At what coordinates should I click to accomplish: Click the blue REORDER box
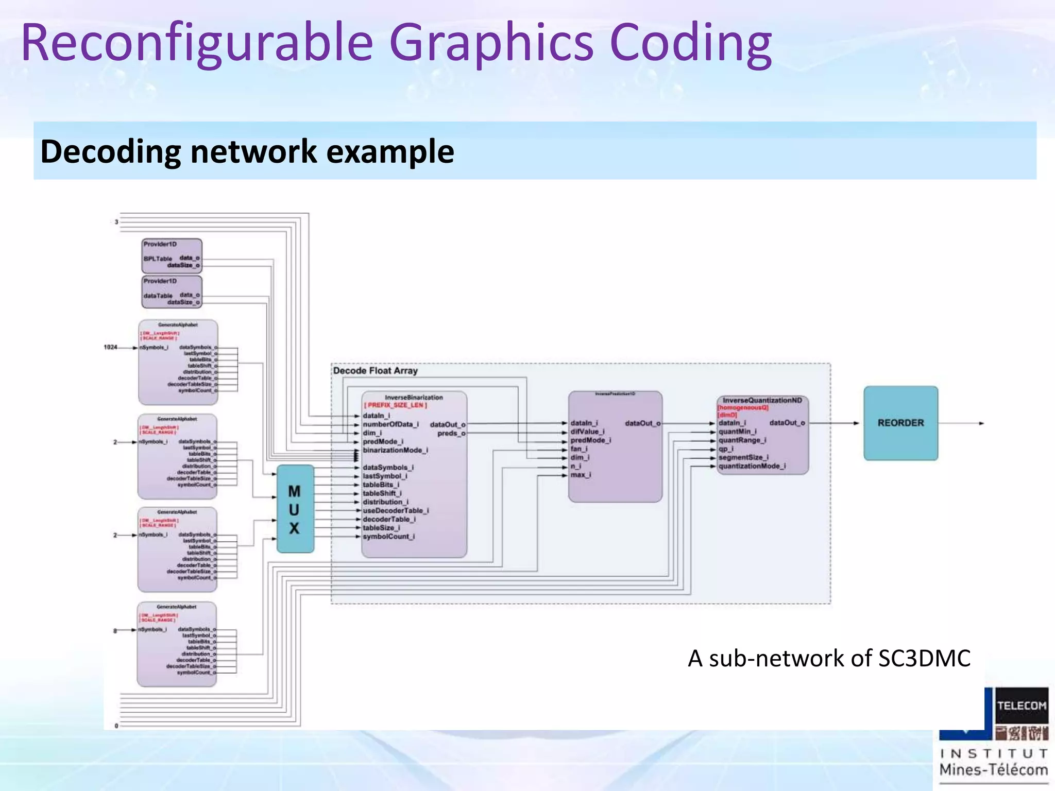pyautogui.click(x=900, y=423)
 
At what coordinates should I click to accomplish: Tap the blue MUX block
pyautogui.click(x=295, y=509)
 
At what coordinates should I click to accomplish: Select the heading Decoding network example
pyautogui.click(x=247, y=151)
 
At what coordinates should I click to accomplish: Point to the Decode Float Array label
pyautogui.click(x=375, y=371)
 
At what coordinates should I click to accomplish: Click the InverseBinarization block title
pyautogui.click(x=414, y=398)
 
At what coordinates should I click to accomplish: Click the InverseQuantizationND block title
pyautogui.click(x=762, y=400)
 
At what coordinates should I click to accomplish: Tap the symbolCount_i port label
pyautogui.click(x=388, y=537)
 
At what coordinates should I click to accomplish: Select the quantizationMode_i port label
pyautogui.click(x=752, y=466)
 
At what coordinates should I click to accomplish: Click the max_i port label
pyautogui.click(x=581, y=475)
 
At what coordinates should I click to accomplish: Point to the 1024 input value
pyautogui.click(x=110, y=348)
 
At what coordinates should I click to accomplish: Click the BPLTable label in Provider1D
pyautogui.click(x=158, y=259)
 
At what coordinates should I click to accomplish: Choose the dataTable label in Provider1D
pyautogui.click(x=158, y=296)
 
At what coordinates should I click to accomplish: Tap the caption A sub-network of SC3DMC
pyautogui.click(x=829, y=659)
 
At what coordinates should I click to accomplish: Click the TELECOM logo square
pyautogui.click(x=1022, y=706)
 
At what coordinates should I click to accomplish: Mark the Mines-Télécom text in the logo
pyautogui.click(x=993, y=770)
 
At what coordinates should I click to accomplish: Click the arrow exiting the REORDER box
pyautogui.click(x=961, y=423)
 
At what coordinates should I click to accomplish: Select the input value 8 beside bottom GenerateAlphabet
pyautogui.click(x=115, y=630)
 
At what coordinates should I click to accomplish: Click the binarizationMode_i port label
pyautogui.click(x=395, y=450)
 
